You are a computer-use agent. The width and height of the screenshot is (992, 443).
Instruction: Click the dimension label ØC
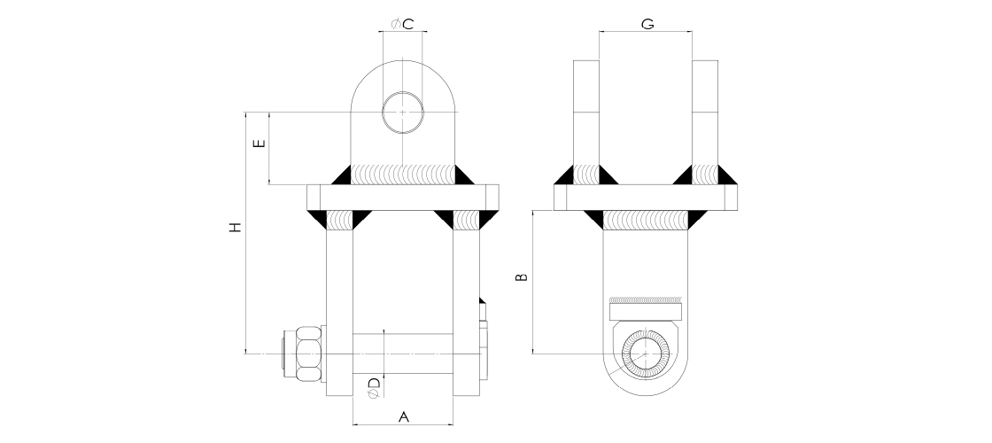tap(402, 24)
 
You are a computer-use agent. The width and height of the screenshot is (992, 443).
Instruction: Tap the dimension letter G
tap(647, 24)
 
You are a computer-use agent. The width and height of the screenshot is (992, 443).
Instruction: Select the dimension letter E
tap(259, 143)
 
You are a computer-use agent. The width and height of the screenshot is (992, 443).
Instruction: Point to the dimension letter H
tap(236, 227)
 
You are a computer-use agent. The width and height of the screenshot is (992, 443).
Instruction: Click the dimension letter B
tap(522, 276)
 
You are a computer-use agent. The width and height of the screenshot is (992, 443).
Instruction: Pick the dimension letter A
tap(404, 417)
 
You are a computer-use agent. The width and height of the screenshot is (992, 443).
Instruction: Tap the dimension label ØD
tap(373, 386)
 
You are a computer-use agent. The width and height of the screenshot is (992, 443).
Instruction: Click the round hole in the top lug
tap(403, 112)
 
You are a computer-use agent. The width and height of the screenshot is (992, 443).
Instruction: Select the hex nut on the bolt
tap(307, 354)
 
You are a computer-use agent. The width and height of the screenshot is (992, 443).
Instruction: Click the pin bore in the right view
tap(646, 354)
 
